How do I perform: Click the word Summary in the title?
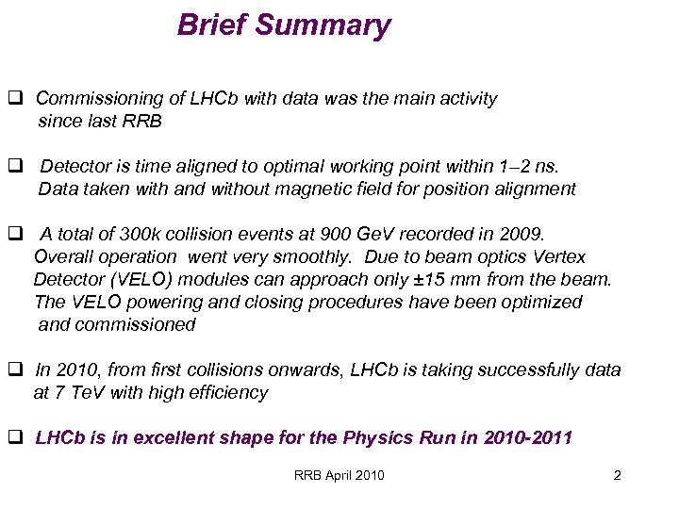click(x=332, y=25)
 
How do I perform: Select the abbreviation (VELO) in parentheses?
click(x=148, y=280)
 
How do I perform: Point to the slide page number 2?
click(x=617, y=475)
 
